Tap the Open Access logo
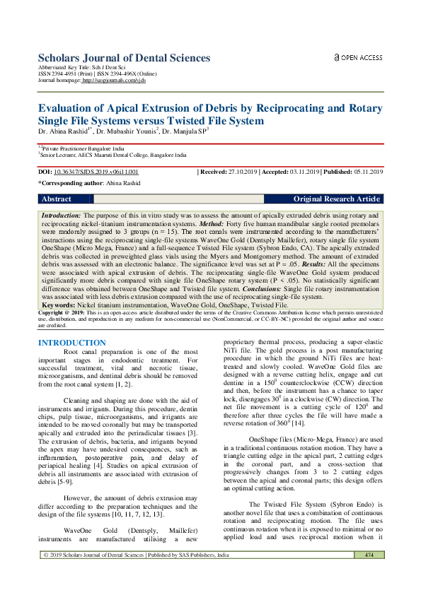(x=358, y=57)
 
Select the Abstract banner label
(x=57, y=199)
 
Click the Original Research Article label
(x=337, y=199)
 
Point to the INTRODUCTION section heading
(x=71, y=343)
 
